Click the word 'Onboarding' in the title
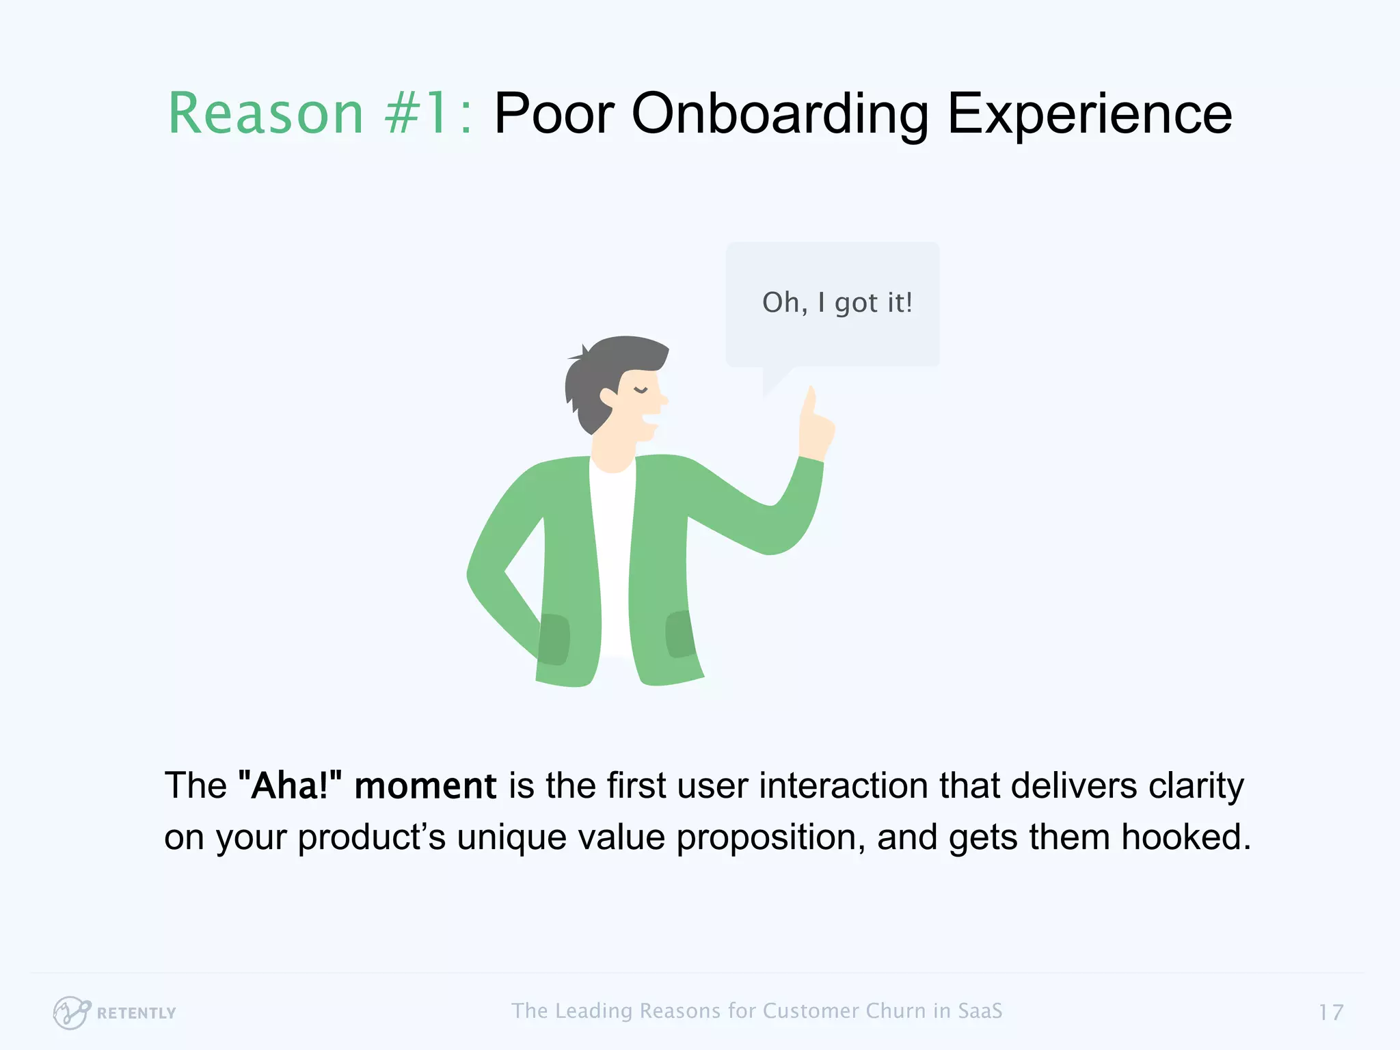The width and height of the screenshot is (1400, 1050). [x=779, y=113]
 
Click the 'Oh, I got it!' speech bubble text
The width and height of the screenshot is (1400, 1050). [x=837, y=303]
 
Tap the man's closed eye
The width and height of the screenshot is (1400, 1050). [x=641, y=390]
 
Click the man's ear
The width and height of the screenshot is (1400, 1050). [x=608, y=396]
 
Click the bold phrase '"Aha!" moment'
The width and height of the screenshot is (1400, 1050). [x=367, y=785]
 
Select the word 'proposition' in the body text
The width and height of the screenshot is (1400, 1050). [x=770, y=837]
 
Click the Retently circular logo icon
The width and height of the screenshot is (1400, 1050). [x=71, y=1012]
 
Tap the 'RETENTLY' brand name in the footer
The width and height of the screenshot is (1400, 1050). [x=136, y=1013]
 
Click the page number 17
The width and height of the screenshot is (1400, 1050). [x=1330, y=1012]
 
